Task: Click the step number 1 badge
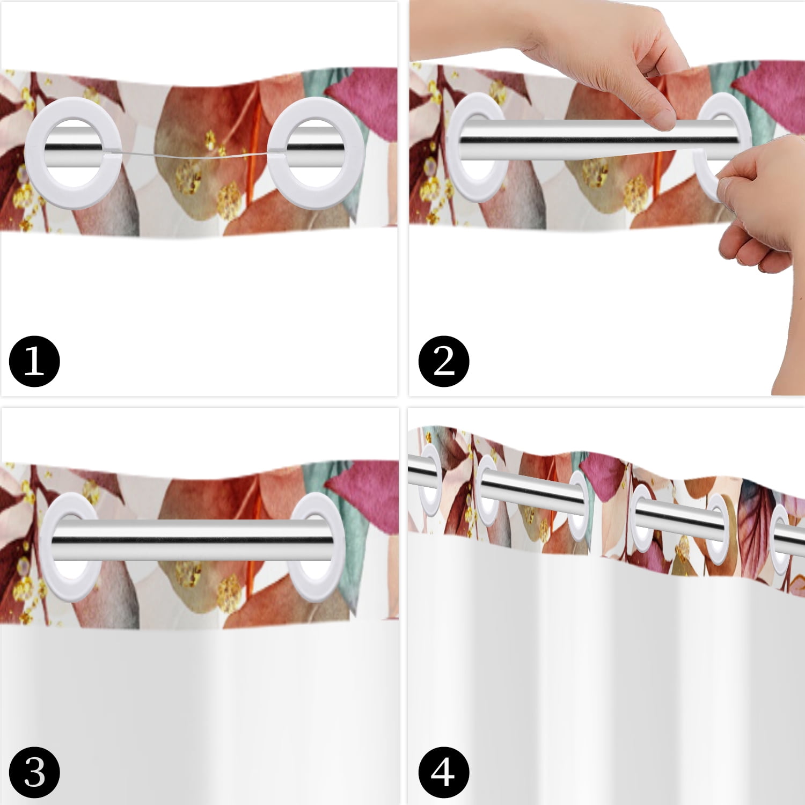34,361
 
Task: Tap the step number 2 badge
444,361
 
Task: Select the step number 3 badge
34,773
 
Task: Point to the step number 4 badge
444,773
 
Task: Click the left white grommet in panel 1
33,148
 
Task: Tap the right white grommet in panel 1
277,148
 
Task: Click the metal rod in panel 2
596,140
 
